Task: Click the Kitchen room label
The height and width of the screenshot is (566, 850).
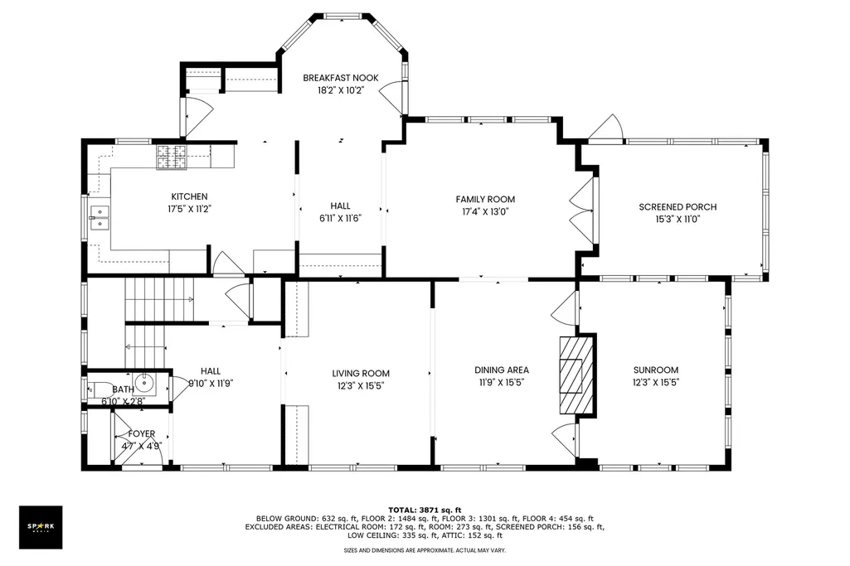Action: pos(189,196)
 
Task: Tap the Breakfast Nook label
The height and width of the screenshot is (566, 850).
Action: pos(341,78)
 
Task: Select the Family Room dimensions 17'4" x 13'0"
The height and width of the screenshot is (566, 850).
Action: pos(485,212)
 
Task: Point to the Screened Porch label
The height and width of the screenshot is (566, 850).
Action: pos(678,207)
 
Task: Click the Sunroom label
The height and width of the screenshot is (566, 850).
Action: pos(656,370)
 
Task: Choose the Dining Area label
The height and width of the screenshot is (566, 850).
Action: pos(502,370)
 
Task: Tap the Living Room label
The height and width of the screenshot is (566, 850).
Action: pos(361,373)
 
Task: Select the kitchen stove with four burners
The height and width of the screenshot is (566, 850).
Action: pos(172,157)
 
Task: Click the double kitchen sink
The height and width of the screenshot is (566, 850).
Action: pos(100,218)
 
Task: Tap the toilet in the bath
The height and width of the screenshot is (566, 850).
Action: pos(98,389)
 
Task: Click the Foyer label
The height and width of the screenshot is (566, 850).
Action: pos(142,434)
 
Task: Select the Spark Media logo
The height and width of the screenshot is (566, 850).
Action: pos(41,528)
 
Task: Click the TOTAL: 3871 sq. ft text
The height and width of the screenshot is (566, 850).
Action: pos(425,510)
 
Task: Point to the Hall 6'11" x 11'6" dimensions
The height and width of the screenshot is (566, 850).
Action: pos(341,218)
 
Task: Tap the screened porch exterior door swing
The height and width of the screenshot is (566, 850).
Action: pos(606,128)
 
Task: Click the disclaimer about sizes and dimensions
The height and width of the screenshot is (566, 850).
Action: pos(425,550)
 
